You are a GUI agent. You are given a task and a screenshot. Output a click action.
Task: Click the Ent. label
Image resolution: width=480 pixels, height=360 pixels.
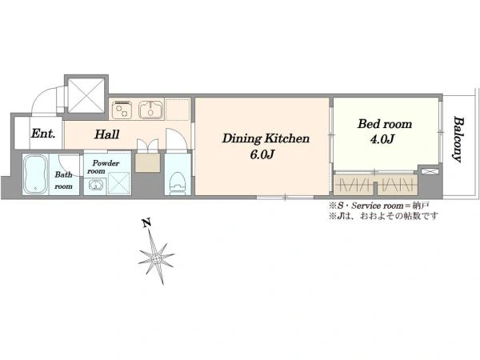pos(43,134)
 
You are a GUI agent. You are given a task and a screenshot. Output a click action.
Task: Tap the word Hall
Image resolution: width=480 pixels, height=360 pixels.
pos(107,134)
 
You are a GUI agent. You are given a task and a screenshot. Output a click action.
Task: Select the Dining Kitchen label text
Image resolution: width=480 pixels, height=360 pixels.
pos(266,138)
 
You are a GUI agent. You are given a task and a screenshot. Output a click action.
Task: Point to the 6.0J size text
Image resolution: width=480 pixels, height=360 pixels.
pos(262,154)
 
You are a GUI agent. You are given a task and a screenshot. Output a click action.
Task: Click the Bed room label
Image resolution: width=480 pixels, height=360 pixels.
pos(385,124)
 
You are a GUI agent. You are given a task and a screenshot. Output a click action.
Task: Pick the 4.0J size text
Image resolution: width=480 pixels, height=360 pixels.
pos(382,139)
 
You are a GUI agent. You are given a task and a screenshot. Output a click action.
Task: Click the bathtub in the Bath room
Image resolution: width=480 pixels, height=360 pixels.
pos(35,174)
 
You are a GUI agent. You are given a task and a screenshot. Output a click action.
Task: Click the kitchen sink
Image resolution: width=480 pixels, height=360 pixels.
pos(151,110)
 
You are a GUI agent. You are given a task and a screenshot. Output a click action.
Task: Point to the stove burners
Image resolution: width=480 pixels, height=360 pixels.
pos(122,110)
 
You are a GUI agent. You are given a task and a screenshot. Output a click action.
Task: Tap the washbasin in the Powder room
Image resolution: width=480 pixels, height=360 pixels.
pos(95,186)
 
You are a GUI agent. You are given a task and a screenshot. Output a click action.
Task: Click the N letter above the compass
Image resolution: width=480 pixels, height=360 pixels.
pos(147,223)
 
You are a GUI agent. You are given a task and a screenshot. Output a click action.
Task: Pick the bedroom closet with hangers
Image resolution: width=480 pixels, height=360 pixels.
pos(376,185)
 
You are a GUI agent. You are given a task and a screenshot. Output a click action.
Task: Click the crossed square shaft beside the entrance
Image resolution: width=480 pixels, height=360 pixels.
pos(86,95)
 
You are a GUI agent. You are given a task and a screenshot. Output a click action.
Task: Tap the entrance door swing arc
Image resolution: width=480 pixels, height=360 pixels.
pos(43,98)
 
